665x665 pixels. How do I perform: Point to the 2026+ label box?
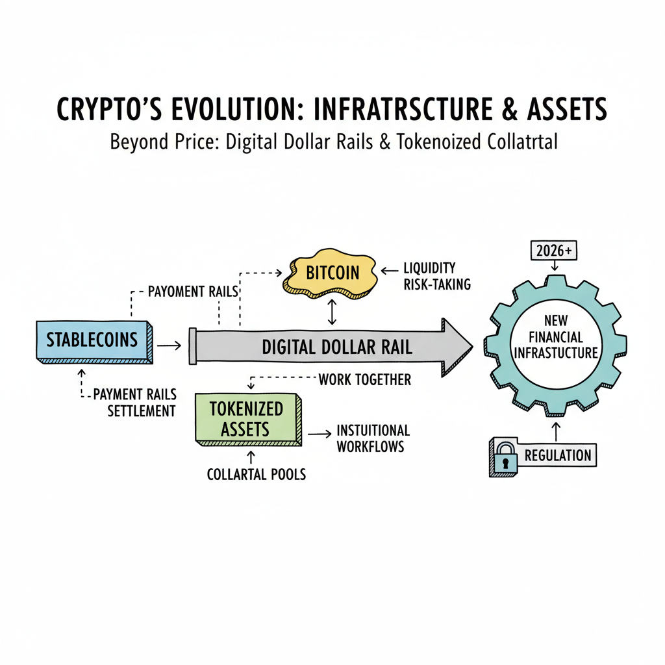554,250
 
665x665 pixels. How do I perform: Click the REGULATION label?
557,455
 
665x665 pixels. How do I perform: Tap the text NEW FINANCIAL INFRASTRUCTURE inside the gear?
555,338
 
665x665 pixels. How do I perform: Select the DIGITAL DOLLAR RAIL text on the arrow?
336,347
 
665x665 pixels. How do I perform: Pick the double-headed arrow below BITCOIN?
332,312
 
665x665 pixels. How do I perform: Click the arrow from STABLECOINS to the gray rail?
169,346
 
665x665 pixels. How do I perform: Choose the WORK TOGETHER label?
364,380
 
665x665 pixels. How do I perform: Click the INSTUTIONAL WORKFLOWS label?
373,438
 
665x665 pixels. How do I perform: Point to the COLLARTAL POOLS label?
256,474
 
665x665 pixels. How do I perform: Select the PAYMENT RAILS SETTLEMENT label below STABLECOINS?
134,403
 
